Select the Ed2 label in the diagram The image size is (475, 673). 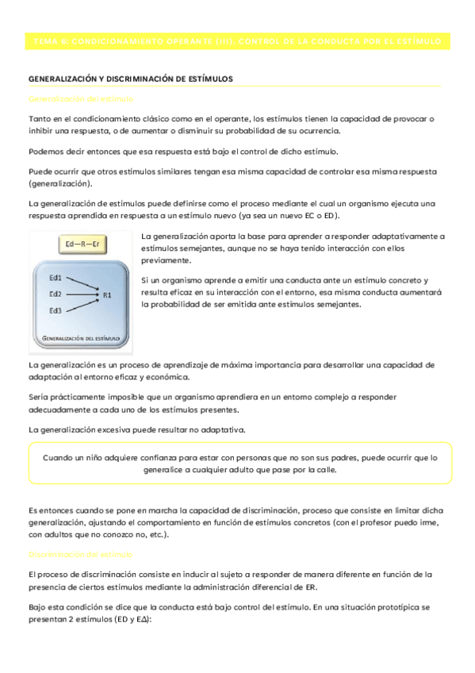pyautogui.click(x=56, y=294)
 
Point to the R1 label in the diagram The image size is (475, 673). pyautogui.click(x=107, y=294)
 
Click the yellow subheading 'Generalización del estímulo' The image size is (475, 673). pyautogui.click(x=81, y=98)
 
